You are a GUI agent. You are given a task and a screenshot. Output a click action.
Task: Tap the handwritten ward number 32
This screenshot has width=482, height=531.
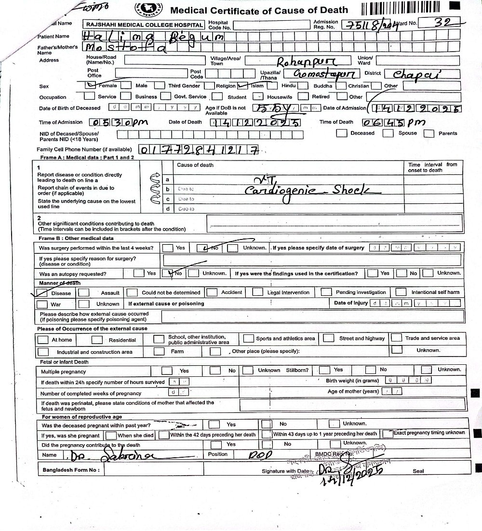pos(443,22)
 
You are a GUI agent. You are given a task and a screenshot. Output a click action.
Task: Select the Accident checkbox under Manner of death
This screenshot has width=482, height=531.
pos(212,292)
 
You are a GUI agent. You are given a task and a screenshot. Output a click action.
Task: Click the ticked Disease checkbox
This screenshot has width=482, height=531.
pos(43,292)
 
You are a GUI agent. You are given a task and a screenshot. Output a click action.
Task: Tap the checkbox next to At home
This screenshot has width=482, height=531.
pos(43,339)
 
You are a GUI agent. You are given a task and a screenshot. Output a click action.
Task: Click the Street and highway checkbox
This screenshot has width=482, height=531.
pos(329,338)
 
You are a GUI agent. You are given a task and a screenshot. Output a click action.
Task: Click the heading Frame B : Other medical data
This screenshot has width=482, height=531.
pos(77,238)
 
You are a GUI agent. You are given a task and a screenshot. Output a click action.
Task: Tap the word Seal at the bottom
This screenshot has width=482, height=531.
pos(418,471)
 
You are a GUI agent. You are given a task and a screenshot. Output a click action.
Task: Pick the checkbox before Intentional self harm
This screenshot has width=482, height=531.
pos(401,292)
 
